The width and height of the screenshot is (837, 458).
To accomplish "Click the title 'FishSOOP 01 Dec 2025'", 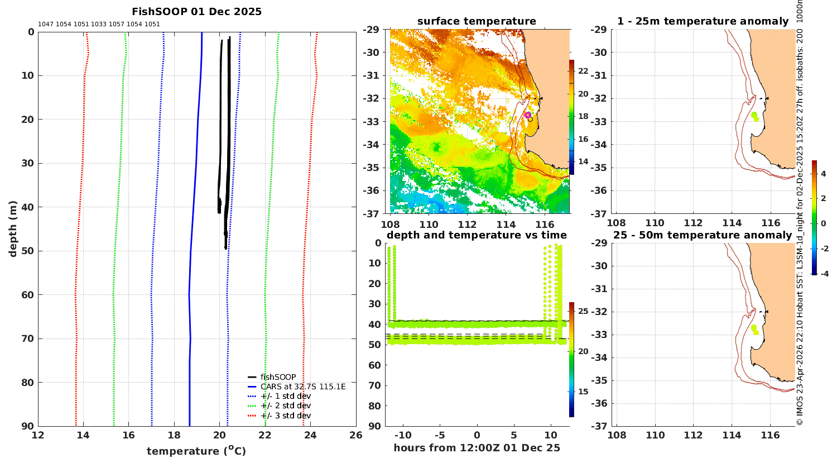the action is [196, 12].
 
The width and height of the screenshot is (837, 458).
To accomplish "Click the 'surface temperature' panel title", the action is [477, 21].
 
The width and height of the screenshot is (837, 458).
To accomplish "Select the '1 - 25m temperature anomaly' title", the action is [703, 21].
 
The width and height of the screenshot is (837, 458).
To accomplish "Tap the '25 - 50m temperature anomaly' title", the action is [703, 235].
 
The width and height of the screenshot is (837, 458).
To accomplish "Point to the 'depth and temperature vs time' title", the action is [477, 235].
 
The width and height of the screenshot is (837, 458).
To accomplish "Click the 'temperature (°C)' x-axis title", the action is [196, 451].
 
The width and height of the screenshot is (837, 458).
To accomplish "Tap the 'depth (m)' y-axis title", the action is [13, 229].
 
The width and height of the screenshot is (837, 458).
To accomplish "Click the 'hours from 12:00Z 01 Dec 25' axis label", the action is [477, 448].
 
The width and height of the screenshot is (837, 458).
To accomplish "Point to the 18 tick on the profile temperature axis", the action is [174, 435].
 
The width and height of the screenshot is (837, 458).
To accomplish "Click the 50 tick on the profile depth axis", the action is [28, 251].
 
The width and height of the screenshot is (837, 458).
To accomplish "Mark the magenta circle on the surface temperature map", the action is [528, 115].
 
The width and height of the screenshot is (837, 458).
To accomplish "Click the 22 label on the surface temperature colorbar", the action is [583, 71].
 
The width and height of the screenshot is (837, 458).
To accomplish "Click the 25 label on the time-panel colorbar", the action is [583, 311].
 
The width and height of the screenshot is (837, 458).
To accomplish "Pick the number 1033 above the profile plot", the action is [99, 25].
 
